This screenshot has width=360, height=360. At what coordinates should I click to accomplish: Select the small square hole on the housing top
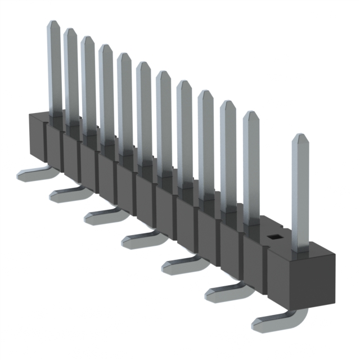[273, 237]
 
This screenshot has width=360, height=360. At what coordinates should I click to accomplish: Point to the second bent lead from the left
[68, 194]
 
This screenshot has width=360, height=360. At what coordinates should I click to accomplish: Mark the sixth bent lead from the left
[225, 290]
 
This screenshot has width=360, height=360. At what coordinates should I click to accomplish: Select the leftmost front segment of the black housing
[37, 138]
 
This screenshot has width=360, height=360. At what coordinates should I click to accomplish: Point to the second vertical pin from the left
[71, 73]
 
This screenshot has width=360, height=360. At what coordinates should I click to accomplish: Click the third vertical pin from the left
[88, 84]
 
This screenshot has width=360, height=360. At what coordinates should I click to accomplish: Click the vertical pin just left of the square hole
[251, 169]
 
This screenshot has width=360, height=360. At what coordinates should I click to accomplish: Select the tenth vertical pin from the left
[228, 157]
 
